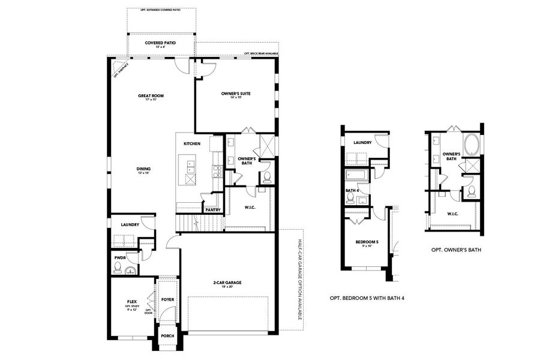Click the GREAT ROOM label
151,95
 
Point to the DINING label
143,169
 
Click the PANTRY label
212,210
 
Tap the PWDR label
119,257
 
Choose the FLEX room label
133,302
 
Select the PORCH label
167,336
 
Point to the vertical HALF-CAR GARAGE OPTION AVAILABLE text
300,279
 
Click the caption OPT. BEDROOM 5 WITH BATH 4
371,298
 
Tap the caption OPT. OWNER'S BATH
456,250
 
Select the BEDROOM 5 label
364,242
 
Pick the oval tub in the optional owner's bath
470,145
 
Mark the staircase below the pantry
200,224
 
